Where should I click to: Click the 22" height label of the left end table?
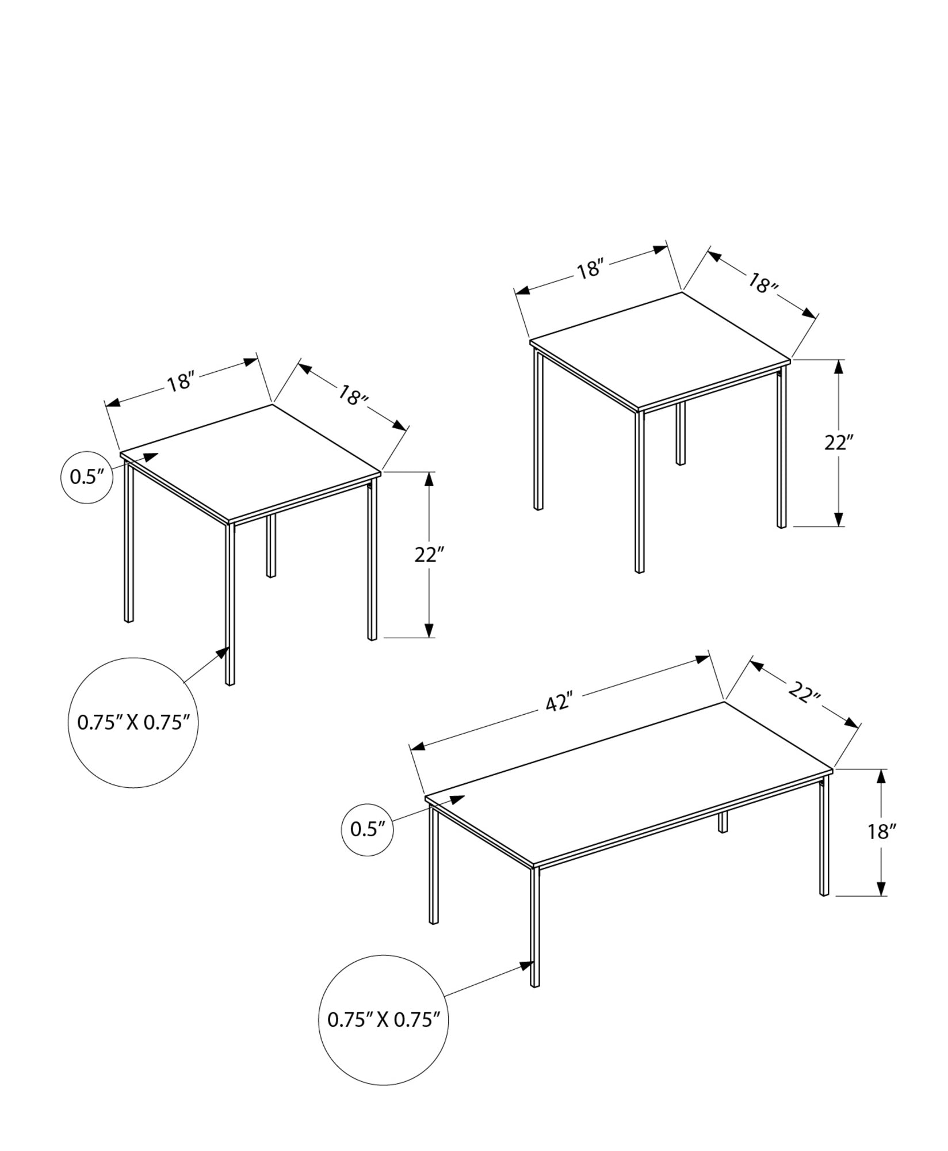pos(429,555)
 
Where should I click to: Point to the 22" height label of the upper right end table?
pos(839,443)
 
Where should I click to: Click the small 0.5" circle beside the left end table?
pos(86,477)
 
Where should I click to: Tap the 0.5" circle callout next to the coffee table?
pos(368,829)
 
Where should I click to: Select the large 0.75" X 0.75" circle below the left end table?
pos(133,722)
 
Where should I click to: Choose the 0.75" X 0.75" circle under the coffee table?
pos(384,1020)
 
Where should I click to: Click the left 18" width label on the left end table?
pos(179,383)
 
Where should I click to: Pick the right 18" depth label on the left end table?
pos(352,397)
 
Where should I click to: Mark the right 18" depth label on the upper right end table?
pos(763,283)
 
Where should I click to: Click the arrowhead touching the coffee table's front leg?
pos(526,965)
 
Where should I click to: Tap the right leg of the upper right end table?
pos(781,449)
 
